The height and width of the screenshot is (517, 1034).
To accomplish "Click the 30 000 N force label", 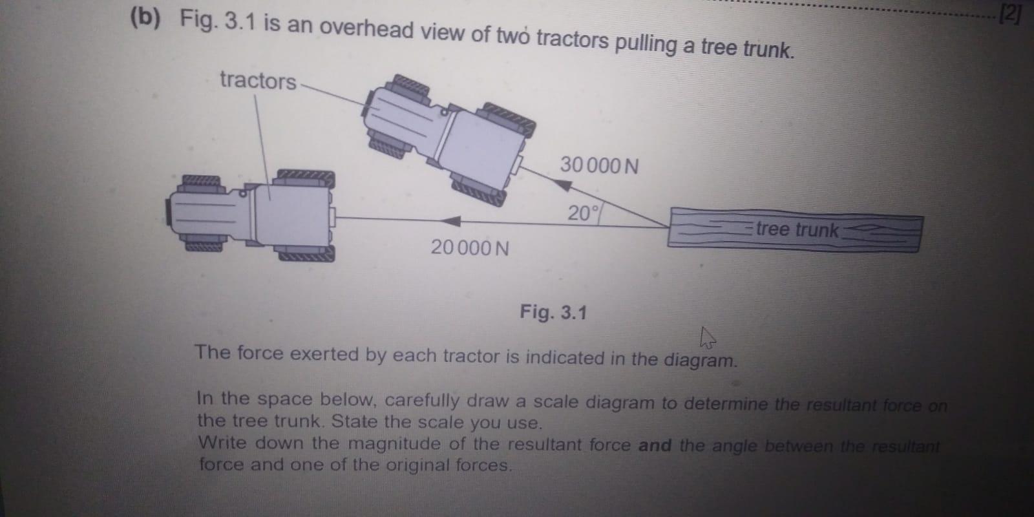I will [x=598, y=165].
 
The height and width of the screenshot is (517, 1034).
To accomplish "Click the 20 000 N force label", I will [x=470, y=248].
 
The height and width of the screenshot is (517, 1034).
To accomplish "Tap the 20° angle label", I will [x=582, y=213].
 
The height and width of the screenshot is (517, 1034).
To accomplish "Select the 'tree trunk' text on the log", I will [x=797, y=229].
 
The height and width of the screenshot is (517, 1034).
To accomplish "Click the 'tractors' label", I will [x=257, y=80].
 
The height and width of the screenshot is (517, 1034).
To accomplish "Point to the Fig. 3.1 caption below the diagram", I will [x=553, y=313].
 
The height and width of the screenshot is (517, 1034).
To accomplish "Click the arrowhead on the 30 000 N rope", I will [x=564, y=185].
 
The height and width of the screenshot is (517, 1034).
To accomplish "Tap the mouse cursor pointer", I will [x=707, y=337].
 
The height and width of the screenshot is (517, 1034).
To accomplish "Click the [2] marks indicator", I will [x=1009, y=14].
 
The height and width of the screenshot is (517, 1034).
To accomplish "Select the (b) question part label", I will [x=145, y=17].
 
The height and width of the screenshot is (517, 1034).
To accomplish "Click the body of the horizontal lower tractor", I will [x=284, y=215].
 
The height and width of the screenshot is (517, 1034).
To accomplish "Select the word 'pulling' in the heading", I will [x=644, y=44].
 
